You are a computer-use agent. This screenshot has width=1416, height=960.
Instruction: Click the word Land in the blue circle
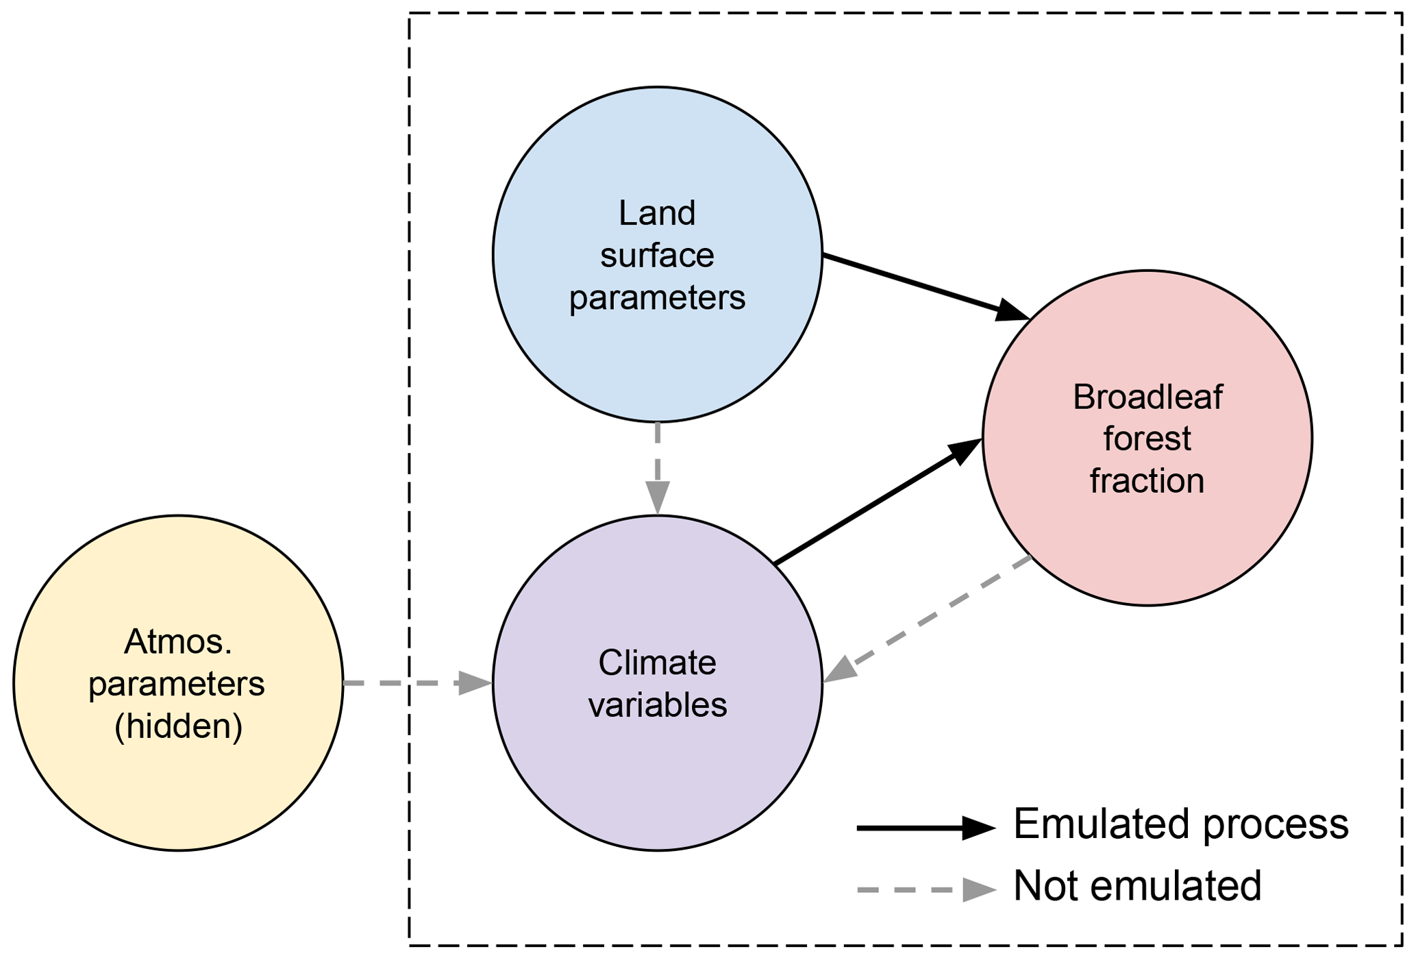tap(657, 213)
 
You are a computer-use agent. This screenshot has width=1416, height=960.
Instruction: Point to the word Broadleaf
tap(1147, 397)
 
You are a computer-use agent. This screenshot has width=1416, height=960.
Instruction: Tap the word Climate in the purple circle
tap(657, 663)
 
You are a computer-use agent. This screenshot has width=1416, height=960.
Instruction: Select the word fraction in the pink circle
tap(1147, 481)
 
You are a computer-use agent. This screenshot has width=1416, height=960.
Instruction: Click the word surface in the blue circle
tap(657, 256)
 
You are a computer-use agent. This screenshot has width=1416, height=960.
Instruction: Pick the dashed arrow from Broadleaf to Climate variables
tap(932, 617)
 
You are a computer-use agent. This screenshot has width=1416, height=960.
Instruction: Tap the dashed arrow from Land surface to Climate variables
tap(657, 466)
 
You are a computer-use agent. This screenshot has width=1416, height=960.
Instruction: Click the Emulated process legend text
tap(1180, 824)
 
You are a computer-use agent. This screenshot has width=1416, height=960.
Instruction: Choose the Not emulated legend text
tap(1137, 886)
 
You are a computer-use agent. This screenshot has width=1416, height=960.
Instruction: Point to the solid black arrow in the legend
tap(925, 828)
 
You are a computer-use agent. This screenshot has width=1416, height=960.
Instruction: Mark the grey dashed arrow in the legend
tap(925, 890)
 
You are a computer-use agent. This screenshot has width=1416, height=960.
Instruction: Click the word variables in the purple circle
tap(657, 705)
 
